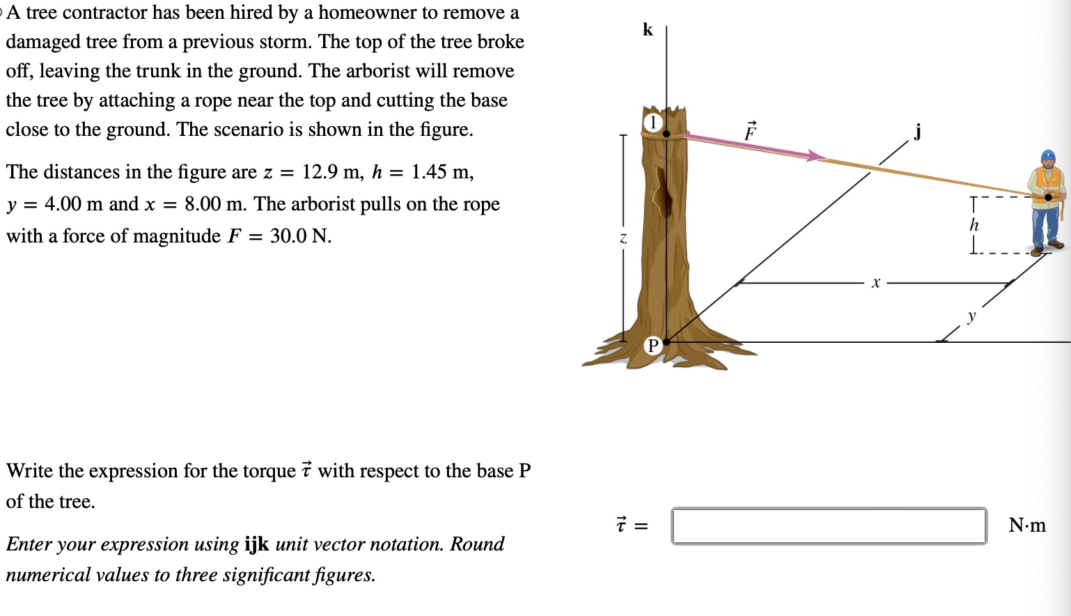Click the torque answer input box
click(x=829, y=526)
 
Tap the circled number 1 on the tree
click(x=652, y=123)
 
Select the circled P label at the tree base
click(x=653, y=345)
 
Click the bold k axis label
click(x=648, y=29)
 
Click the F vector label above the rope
click(x=750, y=131)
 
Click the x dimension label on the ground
click(x=875, y=283)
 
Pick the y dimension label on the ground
click(x=971, y=316)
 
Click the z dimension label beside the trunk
click(x=623, y=238)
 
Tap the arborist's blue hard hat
click(x=1048, y=155)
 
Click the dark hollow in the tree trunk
click(x=663, y=194)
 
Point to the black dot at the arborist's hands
click(x=1048, y=197)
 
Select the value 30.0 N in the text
click(x=300, y=236)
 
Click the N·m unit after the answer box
click(x=1027, y=525)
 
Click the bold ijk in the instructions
click(x=257, y=544)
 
